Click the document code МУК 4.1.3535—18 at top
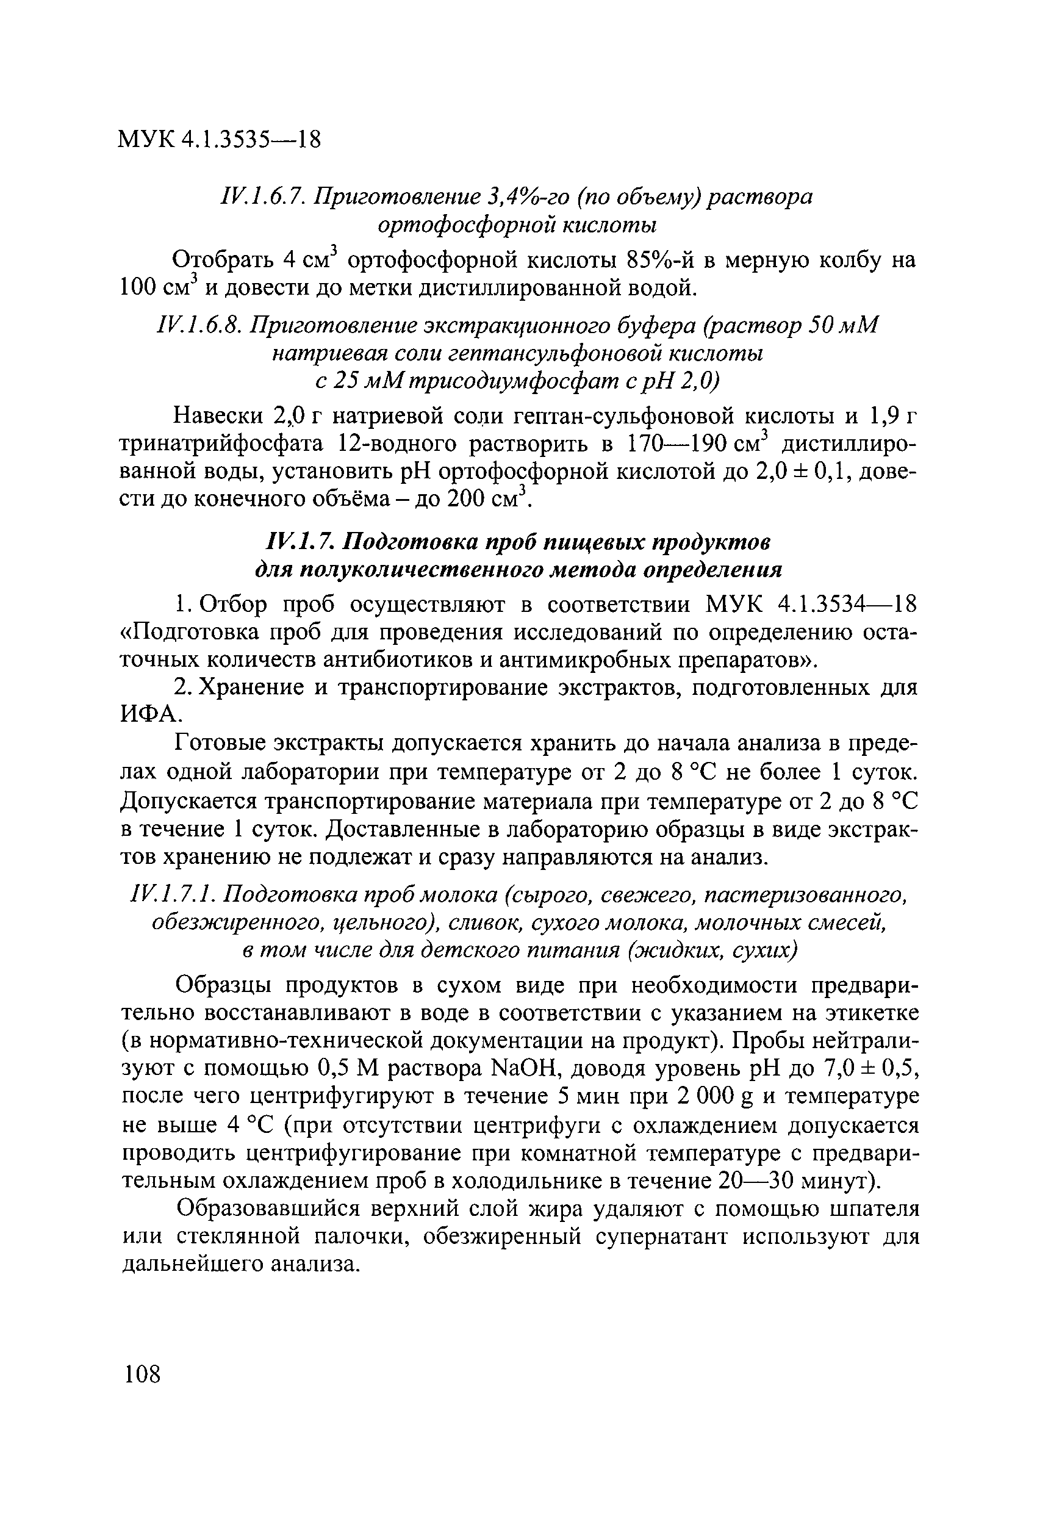[220, 140]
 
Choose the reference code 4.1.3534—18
[847, 605]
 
